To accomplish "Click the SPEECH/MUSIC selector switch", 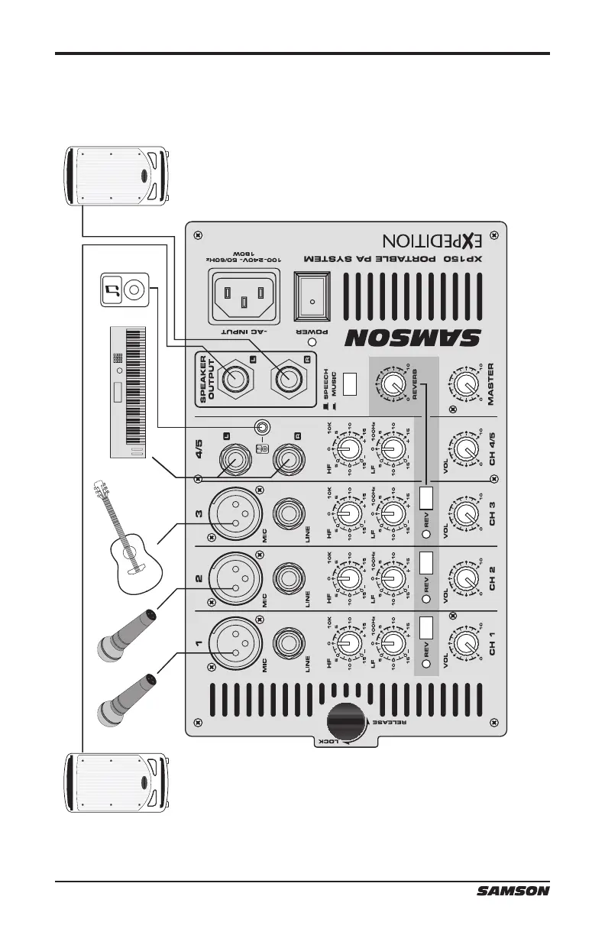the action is (349, 383).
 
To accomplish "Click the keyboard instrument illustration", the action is (128, 391).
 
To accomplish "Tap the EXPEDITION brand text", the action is (433, 242).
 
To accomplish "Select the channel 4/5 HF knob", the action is (349, 446).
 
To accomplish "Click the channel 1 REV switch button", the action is (426, 629).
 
